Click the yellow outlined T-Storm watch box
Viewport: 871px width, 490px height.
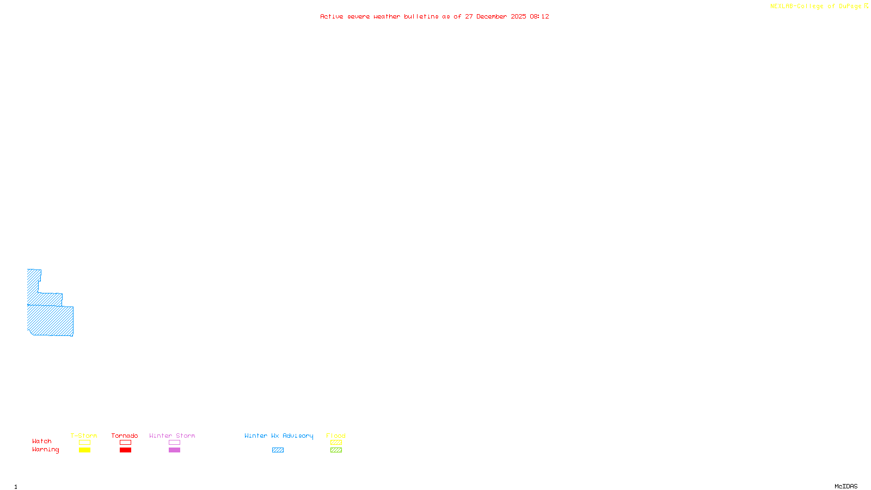pyautogui.click(x=84, y=443)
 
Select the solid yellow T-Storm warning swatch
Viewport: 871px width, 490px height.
pyautogui.click(x=84, y=450)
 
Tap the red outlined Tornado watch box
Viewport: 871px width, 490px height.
pyautogui.click(x=125, y=443)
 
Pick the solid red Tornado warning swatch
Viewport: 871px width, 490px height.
pyautogui.click(x=125, y=450)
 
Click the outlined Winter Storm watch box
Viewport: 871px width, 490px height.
pyautogui.click(x=174, y=443)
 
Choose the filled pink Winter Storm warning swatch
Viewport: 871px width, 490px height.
pyautogui.click(x=174, y=450)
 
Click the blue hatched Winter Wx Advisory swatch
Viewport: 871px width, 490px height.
pyautogui.click(x=278, y=450)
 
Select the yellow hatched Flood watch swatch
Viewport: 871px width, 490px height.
pyautogui.click(x=336, y=443)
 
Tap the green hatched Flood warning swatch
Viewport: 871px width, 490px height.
pyautogui.click(x=336, y=450)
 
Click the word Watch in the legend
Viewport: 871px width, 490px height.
pyautogui.click(x=42, y=442)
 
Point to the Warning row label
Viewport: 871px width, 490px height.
pyautogui.click(x=45, y=450)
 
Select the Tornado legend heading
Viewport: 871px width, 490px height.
pyautogui.click(x=125, y=436)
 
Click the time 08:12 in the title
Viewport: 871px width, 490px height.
pyautogui.click(x=539, y=17)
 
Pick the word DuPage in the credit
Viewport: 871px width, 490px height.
pyautogui.click(x=850, y=7)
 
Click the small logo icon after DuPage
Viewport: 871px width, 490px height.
pyautogui.click(x=866, y=6)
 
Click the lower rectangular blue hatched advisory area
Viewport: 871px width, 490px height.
pyautogui.click(x=50, y=321)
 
